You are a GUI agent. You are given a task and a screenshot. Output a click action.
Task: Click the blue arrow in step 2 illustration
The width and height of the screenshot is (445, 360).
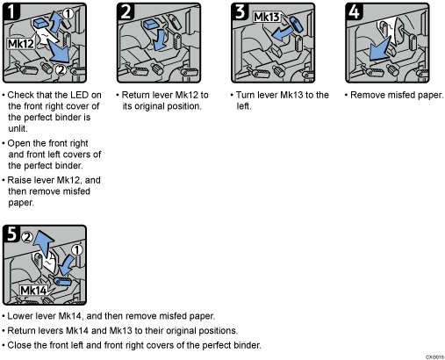click(160, 40)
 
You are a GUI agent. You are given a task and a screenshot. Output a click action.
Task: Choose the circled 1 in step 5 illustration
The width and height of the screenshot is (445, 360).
click(75, 250)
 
